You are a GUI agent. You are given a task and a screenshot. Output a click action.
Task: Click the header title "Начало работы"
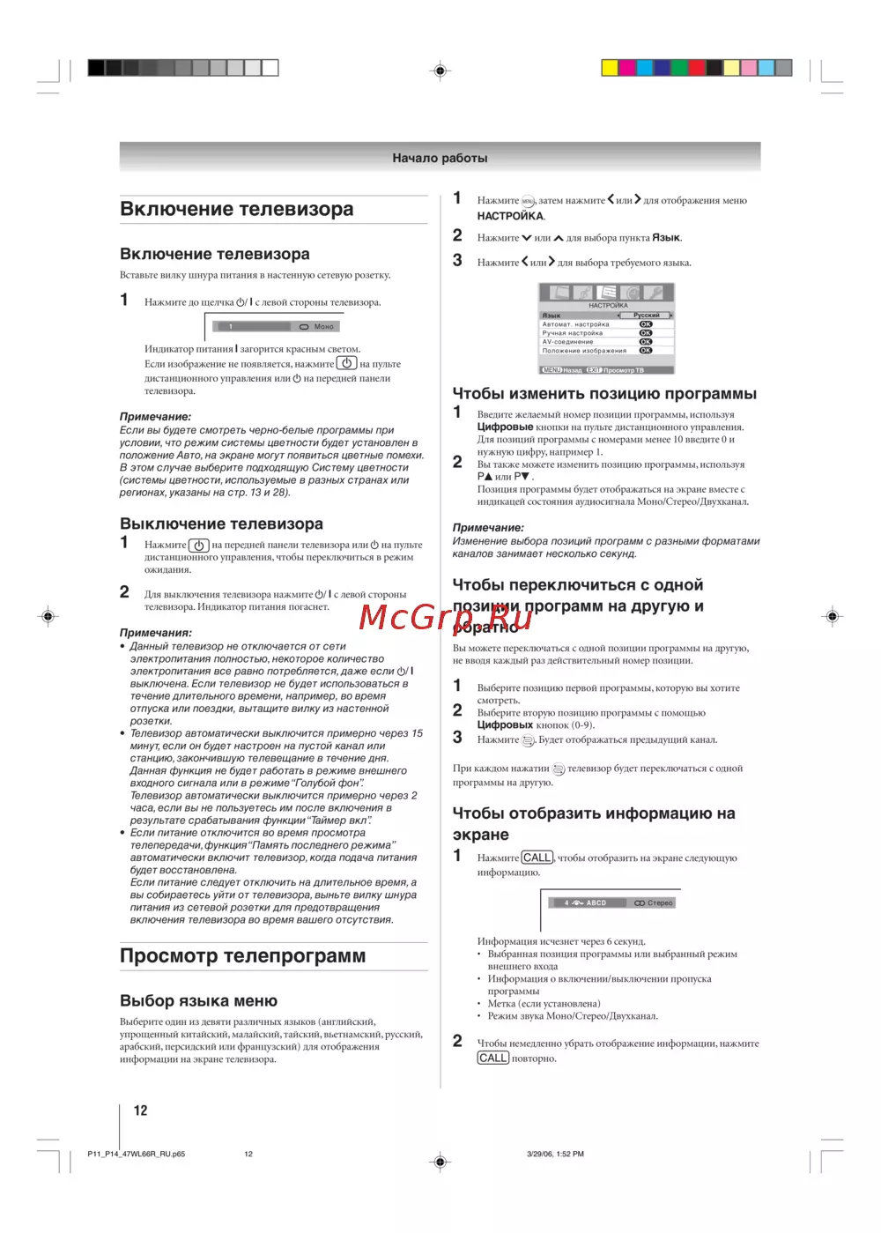click(x=440, y=159)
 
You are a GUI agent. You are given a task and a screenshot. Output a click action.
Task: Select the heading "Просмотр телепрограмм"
click(x=242, y=956)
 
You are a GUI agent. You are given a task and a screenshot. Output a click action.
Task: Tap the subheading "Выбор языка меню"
click(x=198, y=1001)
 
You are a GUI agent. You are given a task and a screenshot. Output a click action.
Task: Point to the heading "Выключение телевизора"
click(x=221, y=524)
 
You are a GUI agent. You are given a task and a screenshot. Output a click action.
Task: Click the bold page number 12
click(x=140, y=1110)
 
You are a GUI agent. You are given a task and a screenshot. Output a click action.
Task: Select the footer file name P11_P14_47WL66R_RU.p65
click(x=137, y=1154)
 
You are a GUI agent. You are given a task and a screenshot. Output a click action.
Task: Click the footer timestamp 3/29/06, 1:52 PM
click(x=555, y=1154)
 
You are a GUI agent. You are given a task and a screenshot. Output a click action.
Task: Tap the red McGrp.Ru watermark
click(x=445, y=618)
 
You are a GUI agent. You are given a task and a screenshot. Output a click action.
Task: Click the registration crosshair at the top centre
click(x=440, y=71)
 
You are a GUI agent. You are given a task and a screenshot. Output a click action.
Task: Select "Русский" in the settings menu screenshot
click(x=646, y=316)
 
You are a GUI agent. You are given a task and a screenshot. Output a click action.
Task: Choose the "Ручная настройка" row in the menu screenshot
click(x=573, y=333)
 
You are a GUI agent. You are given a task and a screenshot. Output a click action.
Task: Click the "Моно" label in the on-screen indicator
click(x=324, y=327)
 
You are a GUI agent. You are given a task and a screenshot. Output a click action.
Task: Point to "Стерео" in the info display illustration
click(x=659, y=903)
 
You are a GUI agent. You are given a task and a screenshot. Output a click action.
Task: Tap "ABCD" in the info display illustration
click(x=596, y=903)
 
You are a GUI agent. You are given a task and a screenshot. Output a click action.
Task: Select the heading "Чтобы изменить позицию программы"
click(x=604, y=394)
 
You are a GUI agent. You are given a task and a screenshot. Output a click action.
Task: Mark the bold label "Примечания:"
click(x=156, y=633)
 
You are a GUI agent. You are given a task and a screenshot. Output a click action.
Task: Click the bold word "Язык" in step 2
click(x=666, y=238)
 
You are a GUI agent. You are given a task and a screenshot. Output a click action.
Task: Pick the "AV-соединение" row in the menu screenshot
click(x=568, y=342)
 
